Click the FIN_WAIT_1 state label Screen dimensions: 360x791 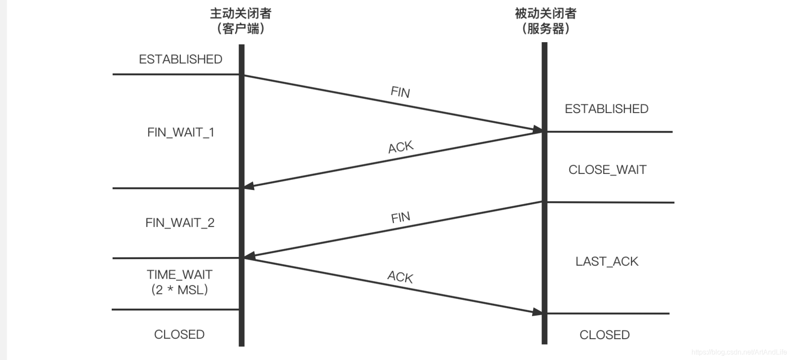(x=181, y=132)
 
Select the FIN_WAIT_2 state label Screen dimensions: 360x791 (x=180, y=223)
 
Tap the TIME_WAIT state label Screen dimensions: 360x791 (x=179, y=275)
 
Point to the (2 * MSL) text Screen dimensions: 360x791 (x=179, y=290)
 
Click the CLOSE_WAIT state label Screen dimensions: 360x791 (x=607, y=170)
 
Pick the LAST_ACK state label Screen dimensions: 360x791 (x=607, y=261)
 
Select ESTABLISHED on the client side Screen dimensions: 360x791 (x=180, y=59)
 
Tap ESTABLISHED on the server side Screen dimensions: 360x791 (x=606, y=109)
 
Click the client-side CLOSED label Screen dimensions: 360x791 (x=179, y=334)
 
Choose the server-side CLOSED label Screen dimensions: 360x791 (x=604, y=335)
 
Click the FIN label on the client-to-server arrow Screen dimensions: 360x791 (x=400, y=92)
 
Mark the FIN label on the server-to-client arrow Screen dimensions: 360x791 (x=400, y=217)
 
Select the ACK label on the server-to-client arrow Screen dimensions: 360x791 (x=401, y=147)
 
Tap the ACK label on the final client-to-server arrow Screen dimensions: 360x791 (x=400, y=277)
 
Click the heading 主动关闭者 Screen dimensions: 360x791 (x=241, y=13)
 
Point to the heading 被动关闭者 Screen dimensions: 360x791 (x=545, y=13)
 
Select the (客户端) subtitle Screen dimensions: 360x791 (x=241, y=29)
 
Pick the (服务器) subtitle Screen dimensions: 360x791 (x=545, y=29)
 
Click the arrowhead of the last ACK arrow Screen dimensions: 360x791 (x=538, y=312)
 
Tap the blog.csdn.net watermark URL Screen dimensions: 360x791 (x=739, y=352)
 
